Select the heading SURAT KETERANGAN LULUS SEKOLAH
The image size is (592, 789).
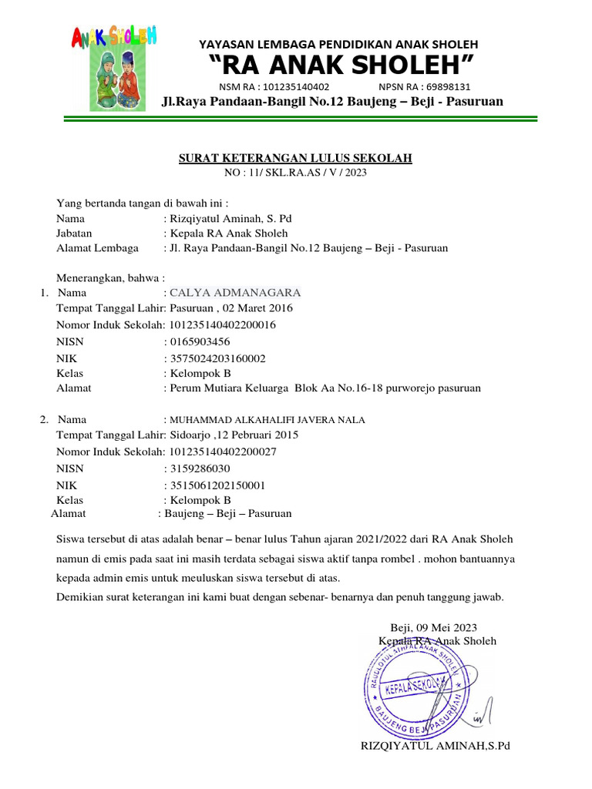(295, 158)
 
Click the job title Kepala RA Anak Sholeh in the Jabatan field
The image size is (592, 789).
(228, 233)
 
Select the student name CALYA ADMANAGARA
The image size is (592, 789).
(235, 293)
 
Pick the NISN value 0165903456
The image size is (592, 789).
(200, 341)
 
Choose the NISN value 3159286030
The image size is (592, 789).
(200, 468)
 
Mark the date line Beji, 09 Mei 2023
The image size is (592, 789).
(434, 627)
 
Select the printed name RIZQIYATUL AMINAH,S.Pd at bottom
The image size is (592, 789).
(436, 746)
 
